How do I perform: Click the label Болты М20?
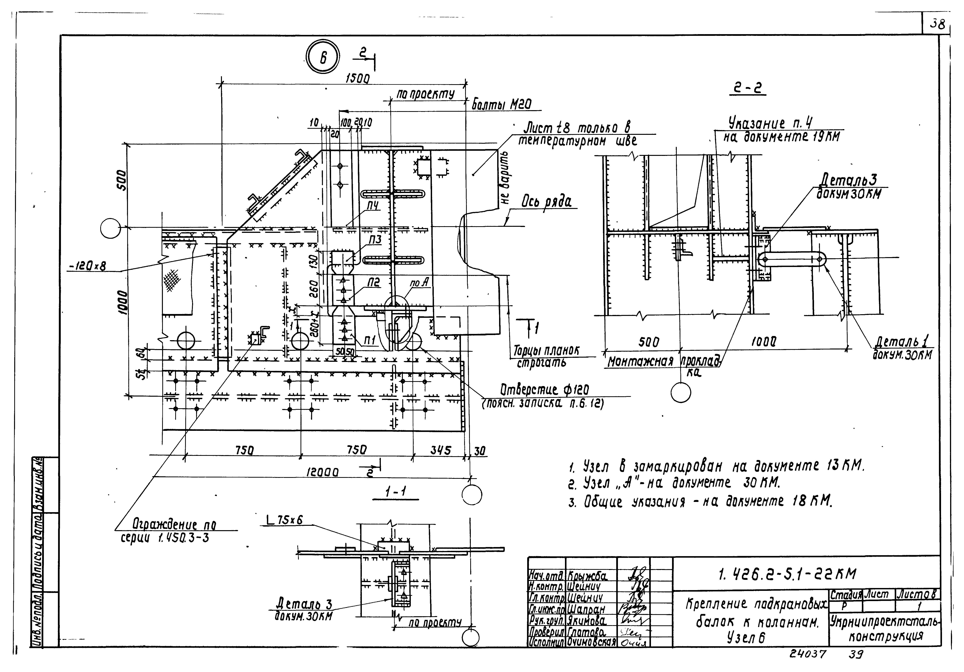(502, 104)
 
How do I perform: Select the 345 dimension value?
(440, 451)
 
